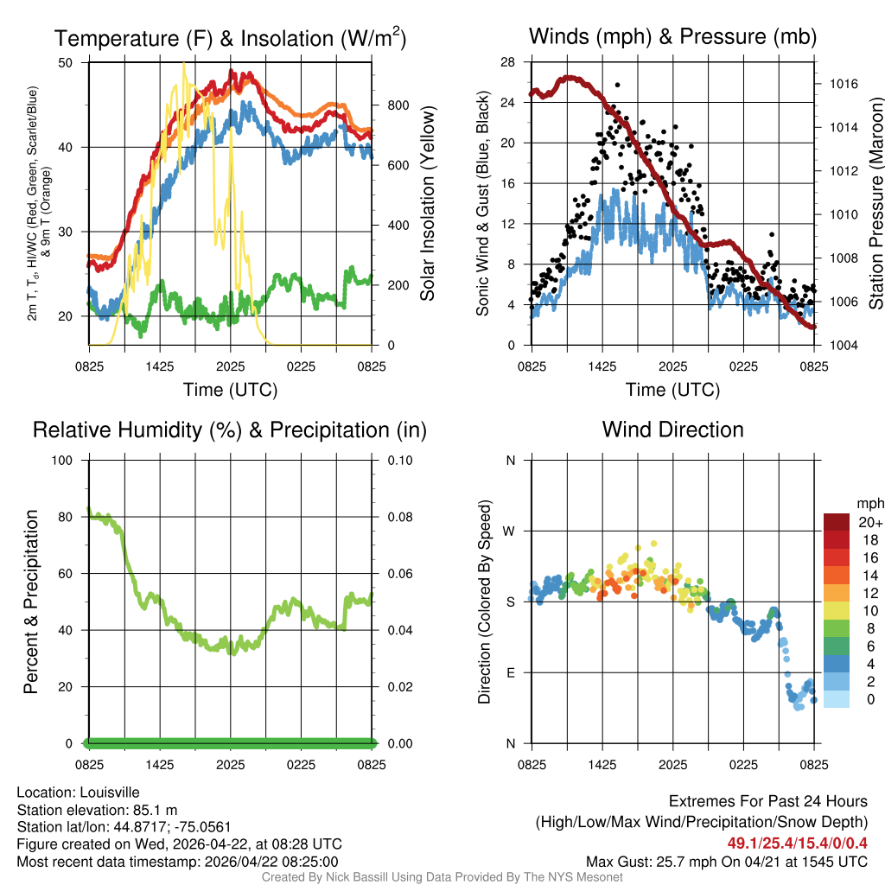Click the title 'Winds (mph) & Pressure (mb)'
(672, 37)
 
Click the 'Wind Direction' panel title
(672, 430)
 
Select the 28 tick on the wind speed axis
(508, 62)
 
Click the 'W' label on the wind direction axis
(510, 531)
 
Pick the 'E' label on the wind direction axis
(510, 672)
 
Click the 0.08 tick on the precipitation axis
(398, 517)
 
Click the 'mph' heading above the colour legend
(868, 503)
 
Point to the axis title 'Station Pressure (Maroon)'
(875, 204)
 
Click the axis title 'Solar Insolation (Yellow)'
(428, 204)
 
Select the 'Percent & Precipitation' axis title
(31, 602)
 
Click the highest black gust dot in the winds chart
(617, 86)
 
